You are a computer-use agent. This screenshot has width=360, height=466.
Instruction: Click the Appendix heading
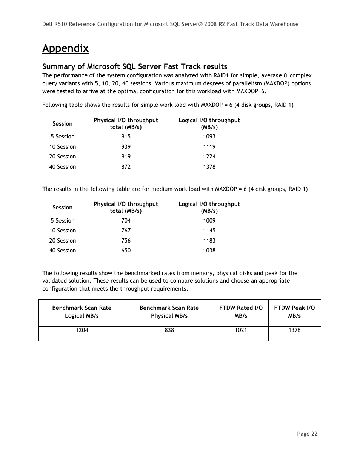[65, 48]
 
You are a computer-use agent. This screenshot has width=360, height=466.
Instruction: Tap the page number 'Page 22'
[307, 434]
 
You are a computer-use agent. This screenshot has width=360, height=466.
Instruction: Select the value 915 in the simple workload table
[126, 137]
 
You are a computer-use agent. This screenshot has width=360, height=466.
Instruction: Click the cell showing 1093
[209, 137]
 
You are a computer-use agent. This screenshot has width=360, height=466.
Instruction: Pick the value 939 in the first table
[126, 147]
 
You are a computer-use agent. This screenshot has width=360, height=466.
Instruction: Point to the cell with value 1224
[209, 157]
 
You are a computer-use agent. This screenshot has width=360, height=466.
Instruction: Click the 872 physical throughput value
[126, 167]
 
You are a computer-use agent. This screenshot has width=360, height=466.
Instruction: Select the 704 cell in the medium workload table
[126, 221]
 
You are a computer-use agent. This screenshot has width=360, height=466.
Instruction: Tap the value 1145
[209, 231]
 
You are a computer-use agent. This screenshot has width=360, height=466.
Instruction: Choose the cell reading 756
[126, 241]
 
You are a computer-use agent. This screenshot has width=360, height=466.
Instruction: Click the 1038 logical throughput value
[209, 251]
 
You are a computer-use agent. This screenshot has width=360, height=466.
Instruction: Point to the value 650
[126, 251]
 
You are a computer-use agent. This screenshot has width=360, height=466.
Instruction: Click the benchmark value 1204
[82, 330]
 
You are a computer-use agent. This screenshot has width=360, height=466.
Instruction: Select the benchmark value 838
[169, 330]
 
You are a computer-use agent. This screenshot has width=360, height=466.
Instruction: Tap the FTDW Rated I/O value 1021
[241, 330]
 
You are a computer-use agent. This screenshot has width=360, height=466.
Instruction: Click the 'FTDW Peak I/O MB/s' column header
[294, 312]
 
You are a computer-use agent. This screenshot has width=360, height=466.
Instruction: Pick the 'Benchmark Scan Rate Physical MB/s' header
[169, 312]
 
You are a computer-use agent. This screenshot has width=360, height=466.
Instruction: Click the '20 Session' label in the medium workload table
[62, 241]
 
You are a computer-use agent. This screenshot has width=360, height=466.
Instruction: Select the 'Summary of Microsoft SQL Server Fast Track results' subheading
[135, 67]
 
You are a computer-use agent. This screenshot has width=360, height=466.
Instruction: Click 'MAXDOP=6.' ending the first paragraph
[251, 91]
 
